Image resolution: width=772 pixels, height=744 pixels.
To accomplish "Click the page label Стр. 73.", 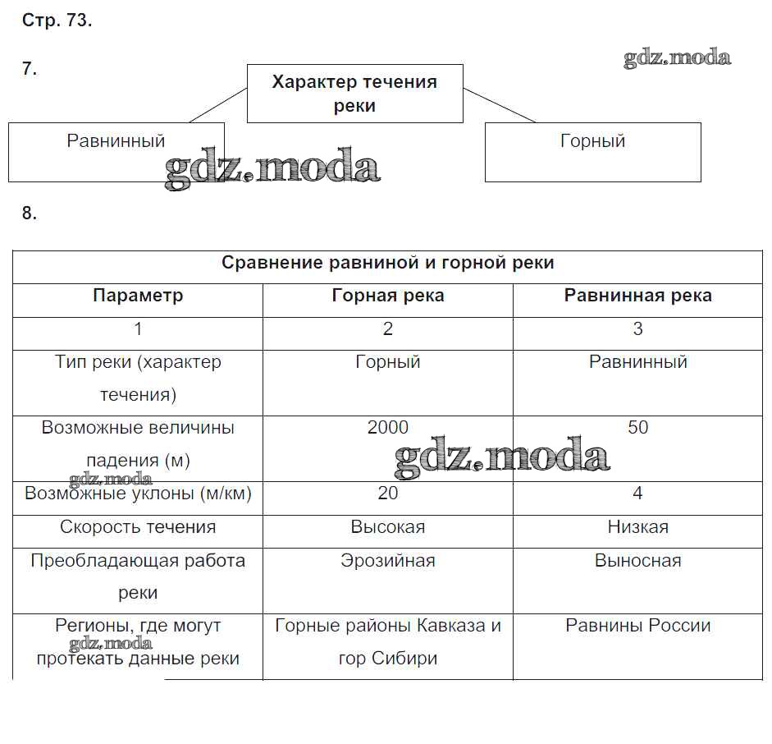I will tap(57, 21).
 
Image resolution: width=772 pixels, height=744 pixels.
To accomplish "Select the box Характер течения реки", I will tap(354, 94).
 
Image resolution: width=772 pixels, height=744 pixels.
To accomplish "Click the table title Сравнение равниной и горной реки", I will tap(387, 263).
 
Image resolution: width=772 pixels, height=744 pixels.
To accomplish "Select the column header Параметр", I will tap(138, 296).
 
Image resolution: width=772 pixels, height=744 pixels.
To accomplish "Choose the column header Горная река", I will tap(387, 296).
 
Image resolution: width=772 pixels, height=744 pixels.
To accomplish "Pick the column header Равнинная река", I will tap(637, 296).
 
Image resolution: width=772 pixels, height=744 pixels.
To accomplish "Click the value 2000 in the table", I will tap(387, 427).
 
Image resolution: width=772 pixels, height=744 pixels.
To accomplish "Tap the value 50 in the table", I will tap(637, 427).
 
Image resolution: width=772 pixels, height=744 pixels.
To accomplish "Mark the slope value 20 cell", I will tap(387, 494).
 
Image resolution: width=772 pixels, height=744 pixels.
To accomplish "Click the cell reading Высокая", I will tap(387, 527).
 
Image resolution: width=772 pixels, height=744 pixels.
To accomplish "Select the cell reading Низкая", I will tap(637, 527).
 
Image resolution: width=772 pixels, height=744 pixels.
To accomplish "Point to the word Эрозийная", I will tap(387, 561).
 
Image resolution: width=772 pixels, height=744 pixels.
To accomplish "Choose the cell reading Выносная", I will tap(637, 561).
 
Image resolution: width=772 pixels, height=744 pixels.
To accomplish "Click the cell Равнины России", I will tap(637, 626).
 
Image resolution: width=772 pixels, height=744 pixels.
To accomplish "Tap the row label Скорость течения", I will tap(138, 527).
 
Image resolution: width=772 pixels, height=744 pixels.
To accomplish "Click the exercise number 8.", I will tap(30, 214).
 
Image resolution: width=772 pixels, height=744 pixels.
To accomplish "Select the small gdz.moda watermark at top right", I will tap(677, 57).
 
